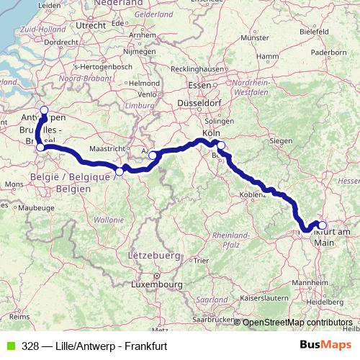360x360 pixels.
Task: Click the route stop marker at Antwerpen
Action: [44, 110]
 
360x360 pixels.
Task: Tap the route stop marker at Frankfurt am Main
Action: [323, 225]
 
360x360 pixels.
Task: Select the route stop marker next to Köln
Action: [221, 146]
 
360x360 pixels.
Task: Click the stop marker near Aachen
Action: [153, 155]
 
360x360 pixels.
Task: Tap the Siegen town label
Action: [283, 140]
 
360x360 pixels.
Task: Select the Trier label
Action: [202, 260]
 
